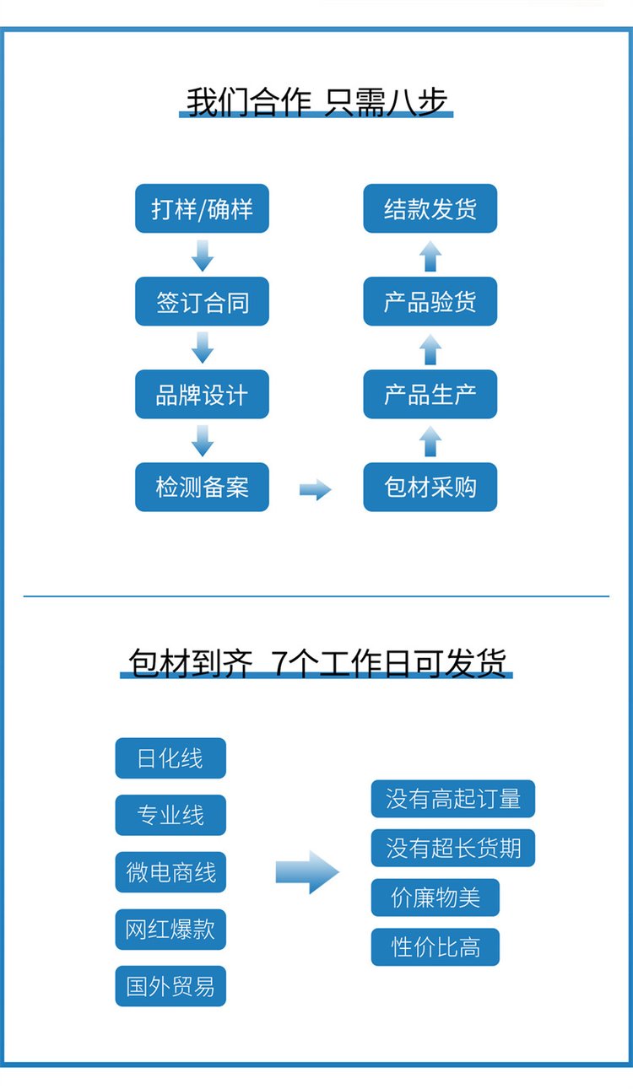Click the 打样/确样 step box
pyautogui.click(x=202, y=208)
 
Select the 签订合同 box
pyautogui.click(x=202, y=301)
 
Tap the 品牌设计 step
pyautogui.click(x=202, y=394)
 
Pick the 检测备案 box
pyautogui.click(x=202, y=487)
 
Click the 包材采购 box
pyautogui.click(x=430, y=487)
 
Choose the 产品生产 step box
pyautogui.click(x=430, y=394)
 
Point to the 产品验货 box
pyautogui.click(x=430, y=301)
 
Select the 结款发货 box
pyautogui.click(x=430, y=208)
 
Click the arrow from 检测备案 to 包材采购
pyautogui.click(x=316, y=489)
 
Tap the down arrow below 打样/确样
pyautogui.click(x=203, y=256)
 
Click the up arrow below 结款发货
pyautogui.click(x=430, y=256)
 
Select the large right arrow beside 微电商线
pyautogui.click(x=307, y=872)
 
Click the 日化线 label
pyautogui.click(x=170, y=758)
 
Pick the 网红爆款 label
pyautogui.click(x=170, y=930)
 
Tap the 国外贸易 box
pyautogui.click(x=170, y=986)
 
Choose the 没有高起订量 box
pyautogui.click(x=453, y=799)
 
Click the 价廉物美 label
pyautogui.click(x=436, y=898)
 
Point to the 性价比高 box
pyautogui.click(x=436, y=947)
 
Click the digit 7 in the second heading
pyautogui.click(x=279, y=663)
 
